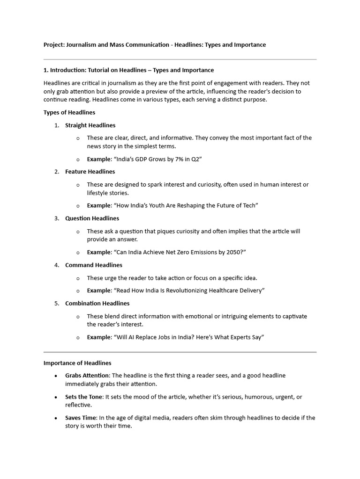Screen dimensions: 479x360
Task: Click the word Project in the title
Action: [53, 45]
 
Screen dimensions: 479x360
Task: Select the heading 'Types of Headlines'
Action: [69, 112]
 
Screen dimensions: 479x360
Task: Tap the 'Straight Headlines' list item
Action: [90, 125]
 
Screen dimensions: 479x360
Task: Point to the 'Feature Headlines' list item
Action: [90, 172]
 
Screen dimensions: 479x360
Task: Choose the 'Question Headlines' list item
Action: [92, 218]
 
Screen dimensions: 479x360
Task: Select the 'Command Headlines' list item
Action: [94, 265]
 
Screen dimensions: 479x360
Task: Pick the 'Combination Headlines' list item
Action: [97, 304]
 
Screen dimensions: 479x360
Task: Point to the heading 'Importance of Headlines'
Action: [77, 363]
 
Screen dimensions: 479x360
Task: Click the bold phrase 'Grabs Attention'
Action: [87, 376]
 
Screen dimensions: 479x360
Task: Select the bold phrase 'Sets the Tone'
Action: [83, 397]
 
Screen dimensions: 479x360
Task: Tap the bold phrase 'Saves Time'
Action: [81, 418]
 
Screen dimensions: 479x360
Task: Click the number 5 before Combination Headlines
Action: [56, 304]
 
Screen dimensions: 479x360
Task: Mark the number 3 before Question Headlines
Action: [56, 218]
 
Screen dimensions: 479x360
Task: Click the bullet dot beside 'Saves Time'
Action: [56, 418]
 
